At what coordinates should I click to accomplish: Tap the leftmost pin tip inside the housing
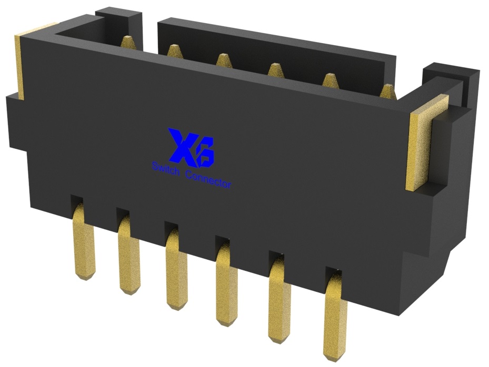pos(127,42)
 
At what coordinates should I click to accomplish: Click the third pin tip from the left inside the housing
pos(222,60)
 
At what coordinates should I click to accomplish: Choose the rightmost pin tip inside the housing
pos(387,91)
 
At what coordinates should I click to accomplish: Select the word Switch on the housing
pos(166,169)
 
